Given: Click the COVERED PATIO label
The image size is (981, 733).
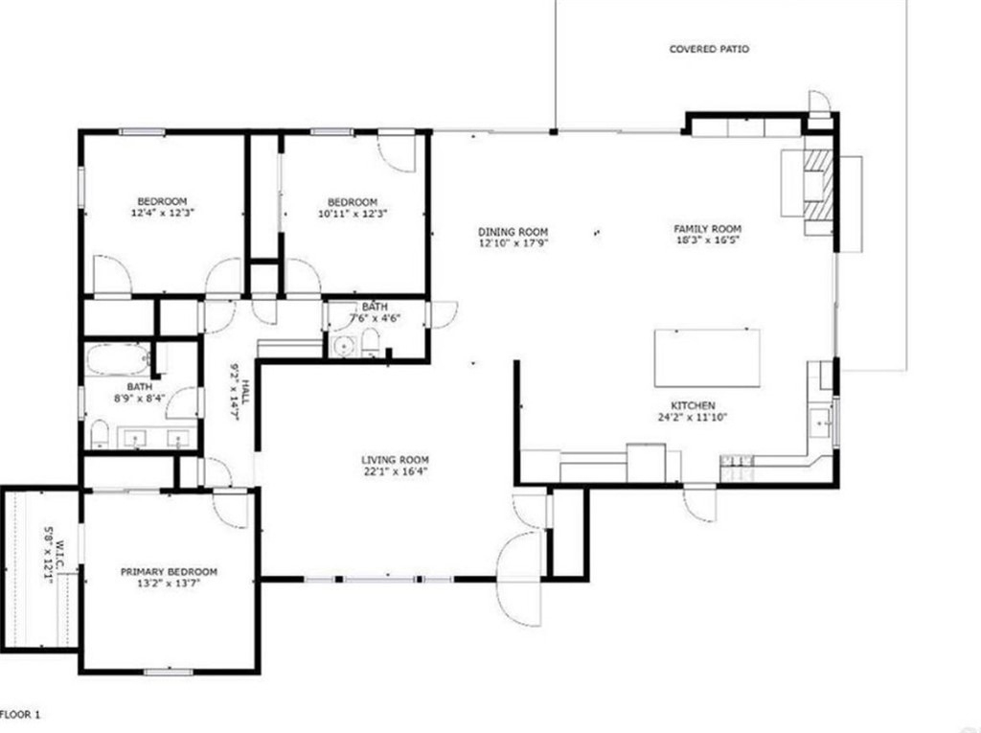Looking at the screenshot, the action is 709,49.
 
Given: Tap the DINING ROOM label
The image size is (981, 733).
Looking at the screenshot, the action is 513,232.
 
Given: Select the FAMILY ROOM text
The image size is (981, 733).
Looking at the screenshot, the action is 707,229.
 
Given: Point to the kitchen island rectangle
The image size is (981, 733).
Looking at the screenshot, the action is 707,358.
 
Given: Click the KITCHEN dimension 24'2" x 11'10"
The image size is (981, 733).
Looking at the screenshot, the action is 693,417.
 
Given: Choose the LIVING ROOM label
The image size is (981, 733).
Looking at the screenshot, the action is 395,461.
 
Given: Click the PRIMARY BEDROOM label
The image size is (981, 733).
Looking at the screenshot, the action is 169,571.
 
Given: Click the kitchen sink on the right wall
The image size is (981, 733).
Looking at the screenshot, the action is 820,424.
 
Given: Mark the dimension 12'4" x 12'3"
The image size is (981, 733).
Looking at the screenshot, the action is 162,212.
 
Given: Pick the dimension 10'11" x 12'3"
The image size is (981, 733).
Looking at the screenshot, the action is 353,213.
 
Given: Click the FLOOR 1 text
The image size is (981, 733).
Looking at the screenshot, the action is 21,714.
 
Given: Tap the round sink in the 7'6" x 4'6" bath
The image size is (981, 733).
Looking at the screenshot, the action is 342,346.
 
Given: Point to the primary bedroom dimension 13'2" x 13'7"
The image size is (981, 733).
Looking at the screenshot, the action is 169,584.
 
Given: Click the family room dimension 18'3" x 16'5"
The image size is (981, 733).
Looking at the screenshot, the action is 707,240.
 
